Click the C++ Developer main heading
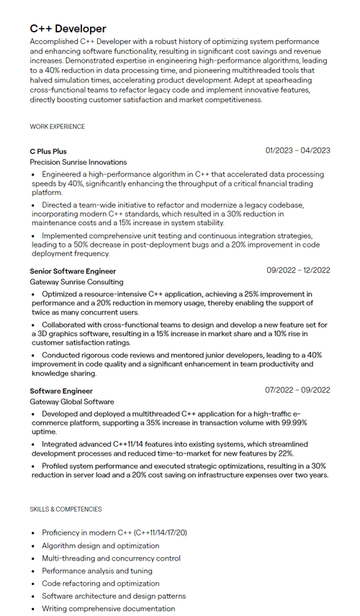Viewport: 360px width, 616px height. click(x=68, y=29)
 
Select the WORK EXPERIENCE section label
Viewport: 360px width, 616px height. click(x=57, y=127)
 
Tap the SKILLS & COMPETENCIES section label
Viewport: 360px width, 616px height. click(x=66, y=509)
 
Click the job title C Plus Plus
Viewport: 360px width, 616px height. click(x=48, y=151)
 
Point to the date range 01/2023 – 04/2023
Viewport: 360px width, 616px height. click(x=297, y=150)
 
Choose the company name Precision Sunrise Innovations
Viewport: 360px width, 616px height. click(x=78, y=163)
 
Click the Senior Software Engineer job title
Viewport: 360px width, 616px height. click(x=73, y=271)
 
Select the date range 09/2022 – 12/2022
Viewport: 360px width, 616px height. click(x=297, y=271)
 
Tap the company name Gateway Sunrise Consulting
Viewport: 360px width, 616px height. click(x=76, y=282)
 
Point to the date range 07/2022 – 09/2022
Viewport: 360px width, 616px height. click(x=297, y=390)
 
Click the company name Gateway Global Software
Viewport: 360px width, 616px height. click(x=71, y=402)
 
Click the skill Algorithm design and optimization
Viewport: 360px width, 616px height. click(x=100, y=546)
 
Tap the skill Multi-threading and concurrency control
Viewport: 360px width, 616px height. click(x=111, y=558)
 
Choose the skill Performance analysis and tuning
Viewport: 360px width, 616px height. click(x=96, y=571)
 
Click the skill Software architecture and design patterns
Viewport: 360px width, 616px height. click(x=113, y=596)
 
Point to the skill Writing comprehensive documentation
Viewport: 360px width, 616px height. click(x=108, y=608)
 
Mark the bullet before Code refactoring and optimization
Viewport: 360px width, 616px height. click(x=33, y=584)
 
